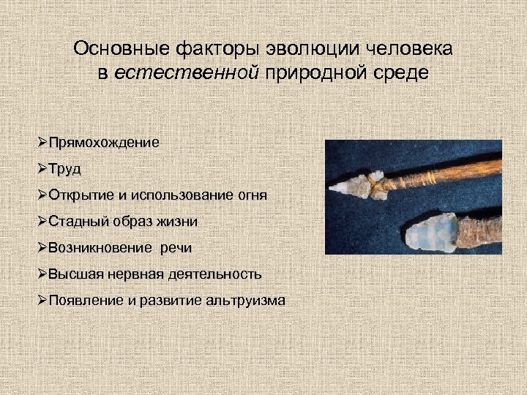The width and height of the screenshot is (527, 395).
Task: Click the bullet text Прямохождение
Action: coord(103,143)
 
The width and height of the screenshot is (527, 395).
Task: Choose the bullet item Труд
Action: coord(65,169)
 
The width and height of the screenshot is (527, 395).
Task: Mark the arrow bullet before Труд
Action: coord(42,169)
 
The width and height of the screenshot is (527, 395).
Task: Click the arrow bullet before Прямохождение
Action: coord(42,143)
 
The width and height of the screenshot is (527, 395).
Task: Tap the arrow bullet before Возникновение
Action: coord(42,248)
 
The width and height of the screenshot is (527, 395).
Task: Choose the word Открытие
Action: coord(77,195)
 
